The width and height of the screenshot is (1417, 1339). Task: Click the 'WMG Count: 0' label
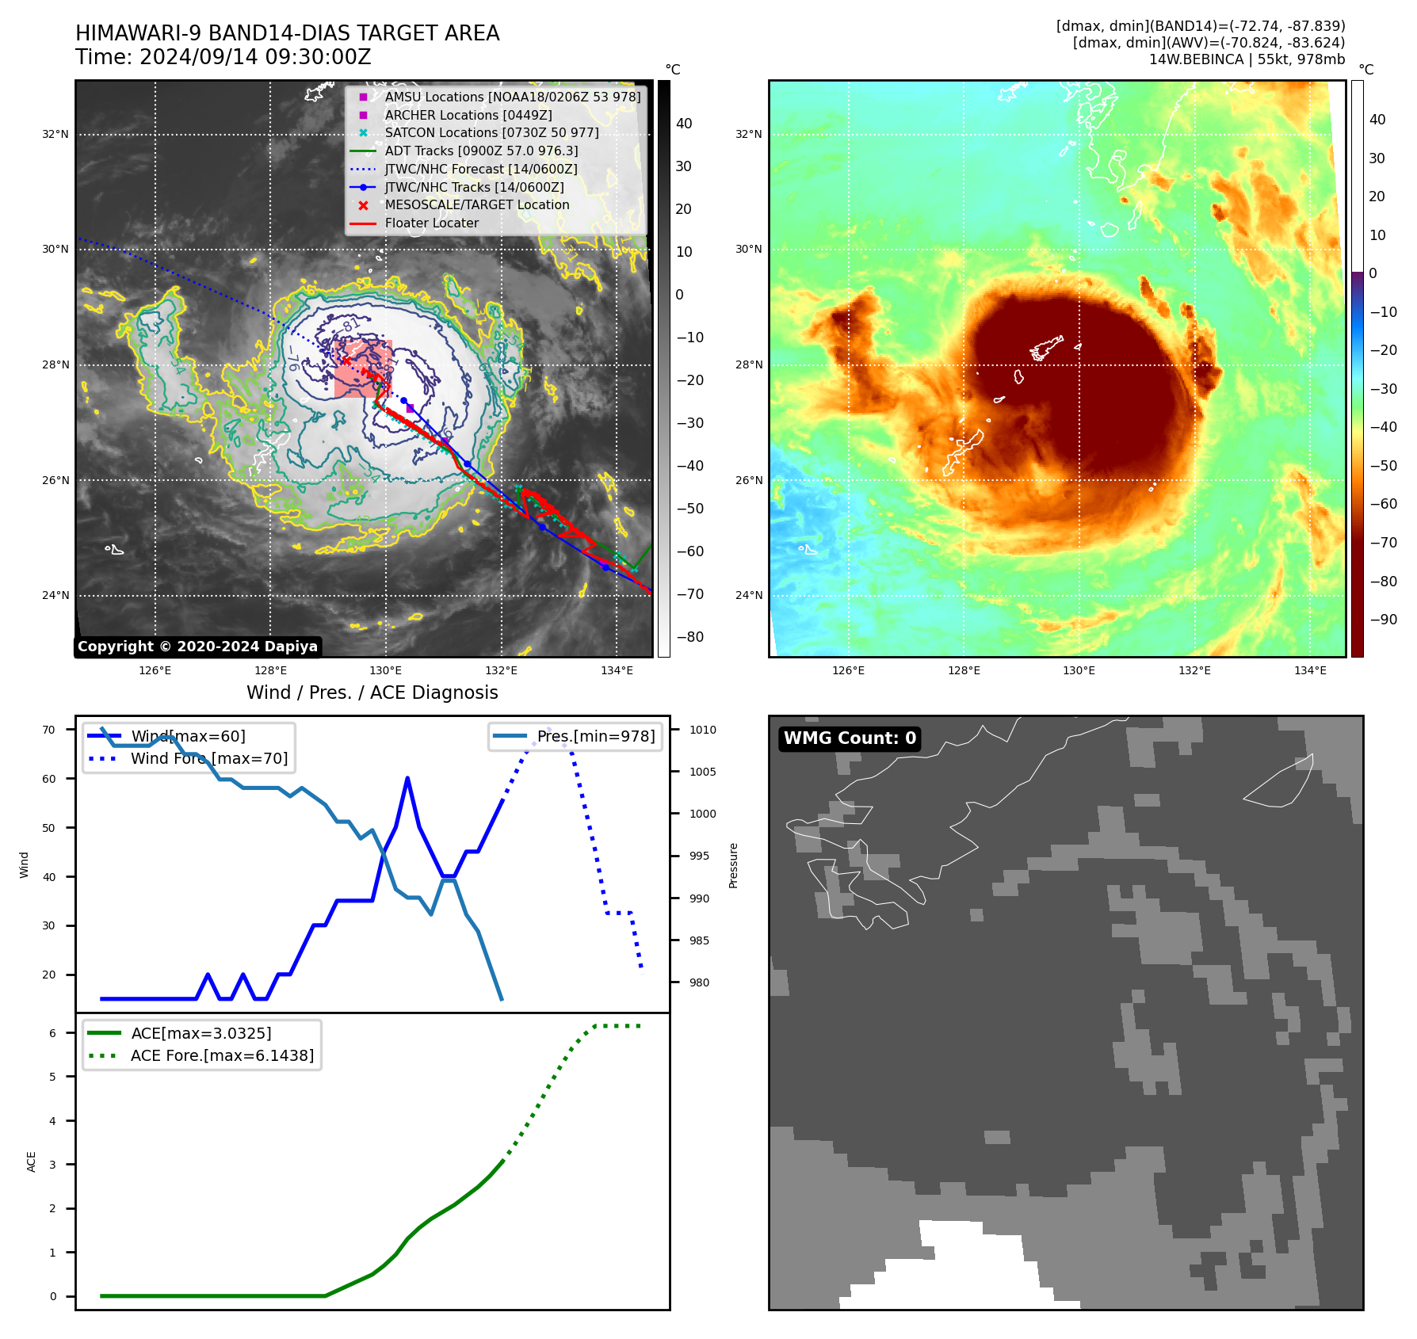coord(850,738)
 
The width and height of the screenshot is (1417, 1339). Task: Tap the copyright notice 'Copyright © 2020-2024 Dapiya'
coord(197,647)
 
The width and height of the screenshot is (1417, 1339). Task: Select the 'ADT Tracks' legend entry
coord(481,151)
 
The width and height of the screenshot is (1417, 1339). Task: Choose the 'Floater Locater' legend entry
coord(431,223)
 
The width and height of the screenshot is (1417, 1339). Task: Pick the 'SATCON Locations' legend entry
coord(491,132)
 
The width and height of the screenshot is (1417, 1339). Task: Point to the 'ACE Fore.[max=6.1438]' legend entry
coord(222,1055)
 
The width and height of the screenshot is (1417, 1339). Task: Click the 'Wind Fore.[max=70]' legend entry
coord(209,758)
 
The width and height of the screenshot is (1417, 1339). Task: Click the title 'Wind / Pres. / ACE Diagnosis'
coord(372,692)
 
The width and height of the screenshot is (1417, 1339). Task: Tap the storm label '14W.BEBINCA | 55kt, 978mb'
coord(1247,59)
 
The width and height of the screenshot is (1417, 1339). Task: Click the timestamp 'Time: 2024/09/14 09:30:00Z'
coord(223,57)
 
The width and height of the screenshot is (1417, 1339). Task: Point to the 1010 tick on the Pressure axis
coord(702,730)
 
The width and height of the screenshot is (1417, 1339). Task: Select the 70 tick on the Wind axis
coord(49,730)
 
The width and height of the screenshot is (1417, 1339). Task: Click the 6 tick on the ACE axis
coord(53,1033)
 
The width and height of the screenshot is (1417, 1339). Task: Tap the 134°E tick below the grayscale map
coord(617,670)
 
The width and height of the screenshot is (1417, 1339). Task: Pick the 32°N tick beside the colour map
coord(748,135)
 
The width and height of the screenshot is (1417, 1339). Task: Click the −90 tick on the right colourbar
coord(1383,620)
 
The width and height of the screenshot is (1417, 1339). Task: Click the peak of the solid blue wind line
coord(407,778)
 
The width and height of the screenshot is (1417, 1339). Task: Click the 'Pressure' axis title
coord(733,865)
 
